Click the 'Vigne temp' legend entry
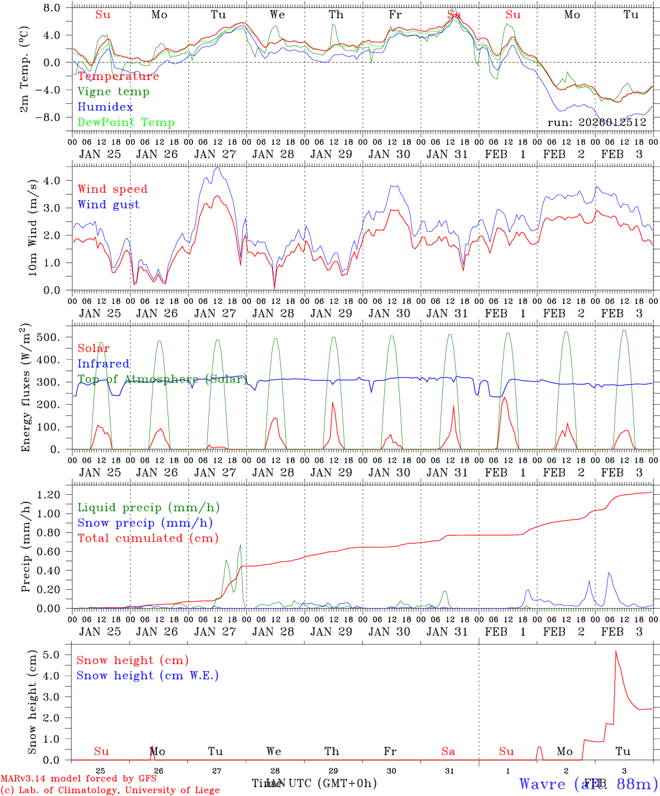click(113, 92)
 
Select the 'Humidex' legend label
click(105, 107)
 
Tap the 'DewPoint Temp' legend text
click(126, 123)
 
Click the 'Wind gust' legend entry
click(108, 205)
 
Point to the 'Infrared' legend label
click(103, 364)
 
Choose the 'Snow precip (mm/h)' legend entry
click(145, 523)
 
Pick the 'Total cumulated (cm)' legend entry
click(148, 538)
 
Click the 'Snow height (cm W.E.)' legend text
click(147, 675)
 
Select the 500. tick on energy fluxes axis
click(50, 337)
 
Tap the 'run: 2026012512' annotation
click(596, 123)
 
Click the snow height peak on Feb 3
click(616, 651)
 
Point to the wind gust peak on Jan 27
click(217, 168)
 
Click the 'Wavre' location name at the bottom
click(542, 784)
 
